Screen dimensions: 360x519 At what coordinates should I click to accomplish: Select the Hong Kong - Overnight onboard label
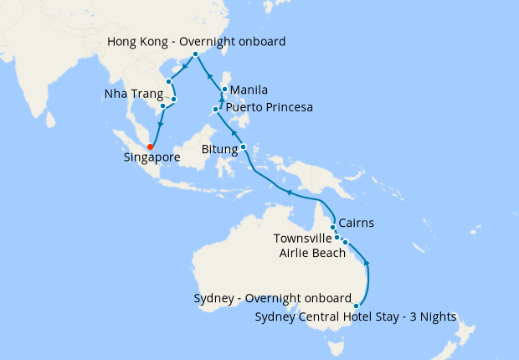(198, 40)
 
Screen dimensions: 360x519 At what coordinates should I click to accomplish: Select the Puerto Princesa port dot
(216, 109)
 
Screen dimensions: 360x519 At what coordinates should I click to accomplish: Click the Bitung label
(221, 150)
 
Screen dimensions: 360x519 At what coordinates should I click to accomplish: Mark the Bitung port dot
(244, 147)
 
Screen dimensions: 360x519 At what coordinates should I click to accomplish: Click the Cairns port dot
(333, 227)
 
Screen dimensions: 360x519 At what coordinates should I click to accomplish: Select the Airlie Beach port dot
(345, 242)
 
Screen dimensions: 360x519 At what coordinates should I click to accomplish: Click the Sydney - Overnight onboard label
(272, 299)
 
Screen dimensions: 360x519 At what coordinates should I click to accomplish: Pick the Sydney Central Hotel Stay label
(355, 316)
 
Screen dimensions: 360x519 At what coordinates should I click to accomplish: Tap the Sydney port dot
(357, 306)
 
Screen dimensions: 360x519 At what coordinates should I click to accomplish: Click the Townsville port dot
(337, 237)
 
